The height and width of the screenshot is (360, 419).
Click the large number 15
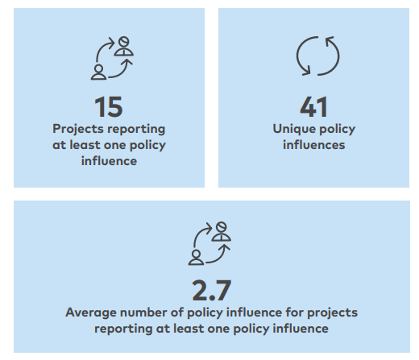[x=109, y=107]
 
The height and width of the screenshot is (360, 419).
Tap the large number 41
[x=313, y=107]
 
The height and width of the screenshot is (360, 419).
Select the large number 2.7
[x=212, y=291]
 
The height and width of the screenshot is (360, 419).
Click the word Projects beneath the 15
[x=75, y=130]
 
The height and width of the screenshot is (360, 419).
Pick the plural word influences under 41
[x=313, y=145]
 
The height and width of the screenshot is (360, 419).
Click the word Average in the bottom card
[x=91, y=312]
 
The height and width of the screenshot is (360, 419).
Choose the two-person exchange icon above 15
[x=112, y=58]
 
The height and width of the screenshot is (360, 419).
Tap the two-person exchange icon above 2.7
[x=209, y=244]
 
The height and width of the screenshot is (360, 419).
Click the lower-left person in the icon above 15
[x=98, y=72]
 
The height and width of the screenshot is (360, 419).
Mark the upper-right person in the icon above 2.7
[x=222, y=232]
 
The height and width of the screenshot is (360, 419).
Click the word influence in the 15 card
[x=109, y=161]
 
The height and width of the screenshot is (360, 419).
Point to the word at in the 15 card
[x=59, y=145]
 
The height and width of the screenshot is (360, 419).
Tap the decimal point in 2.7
[x=212, y=298]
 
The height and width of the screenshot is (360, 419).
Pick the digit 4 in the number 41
[x=308, y=107]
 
